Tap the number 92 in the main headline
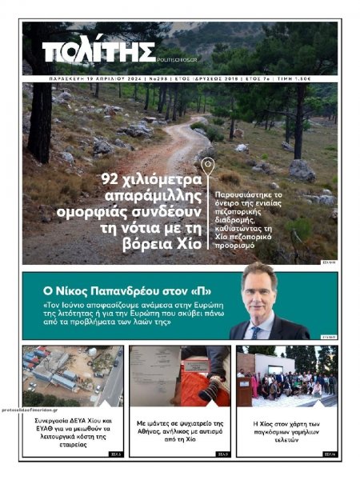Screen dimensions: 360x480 [114, 178]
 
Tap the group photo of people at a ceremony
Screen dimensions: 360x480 [286, 375]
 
